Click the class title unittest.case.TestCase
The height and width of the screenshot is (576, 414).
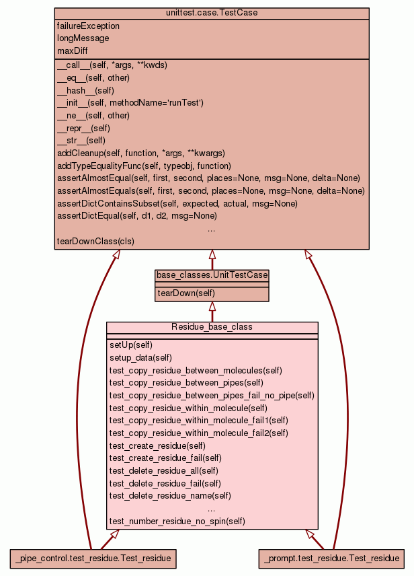(212, 13)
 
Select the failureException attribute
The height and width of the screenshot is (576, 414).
(89, 26)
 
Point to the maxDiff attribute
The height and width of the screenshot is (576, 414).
(73, 50)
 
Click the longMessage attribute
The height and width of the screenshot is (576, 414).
(83, 38)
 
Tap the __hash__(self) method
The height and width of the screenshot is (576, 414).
(86, 90)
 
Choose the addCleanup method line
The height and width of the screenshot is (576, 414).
(141, 153)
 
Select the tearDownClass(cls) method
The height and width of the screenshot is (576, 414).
(95, 241)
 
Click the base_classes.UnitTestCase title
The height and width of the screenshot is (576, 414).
(212, 275)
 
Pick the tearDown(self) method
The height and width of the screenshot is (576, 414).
(186, 293)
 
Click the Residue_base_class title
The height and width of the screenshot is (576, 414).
(212, 327)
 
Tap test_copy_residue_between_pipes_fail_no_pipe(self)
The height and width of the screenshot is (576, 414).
(212, 395)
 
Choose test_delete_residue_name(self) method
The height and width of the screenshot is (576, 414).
(170, 495)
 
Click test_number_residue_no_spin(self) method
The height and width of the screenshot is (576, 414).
(177, 521)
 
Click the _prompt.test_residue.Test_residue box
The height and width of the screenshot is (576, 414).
(332, 558)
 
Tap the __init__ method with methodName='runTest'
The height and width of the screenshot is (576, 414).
(130, 103)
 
